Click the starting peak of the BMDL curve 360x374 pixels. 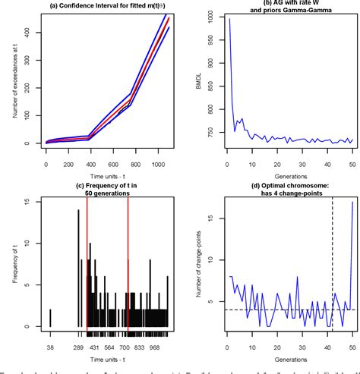pos(229,20)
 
